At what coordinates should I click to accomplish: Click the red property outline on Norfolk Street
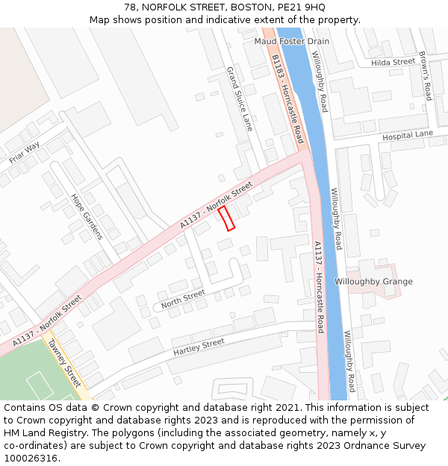(226, 218)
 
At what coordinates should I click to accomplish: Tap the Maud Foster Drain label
(291, 42)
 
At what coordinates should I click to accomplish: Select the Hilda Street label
(393, 63)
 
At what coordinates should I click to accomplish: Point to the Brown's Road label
(425, 75)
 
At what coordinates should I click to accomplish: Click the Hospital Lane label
(408, 136)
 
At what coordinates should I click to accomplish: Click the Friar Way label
(25, 153)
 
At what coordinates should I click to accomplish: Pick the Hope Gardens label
(86, 216)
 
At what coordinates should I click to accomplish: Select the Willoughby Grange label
(373, 282)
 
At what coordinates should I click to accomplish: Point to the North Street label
(183, 298)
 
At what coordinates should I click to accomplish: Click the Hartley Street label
(199, 346)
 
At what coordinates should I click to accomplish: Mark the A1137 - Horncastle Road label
(319, 286)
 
